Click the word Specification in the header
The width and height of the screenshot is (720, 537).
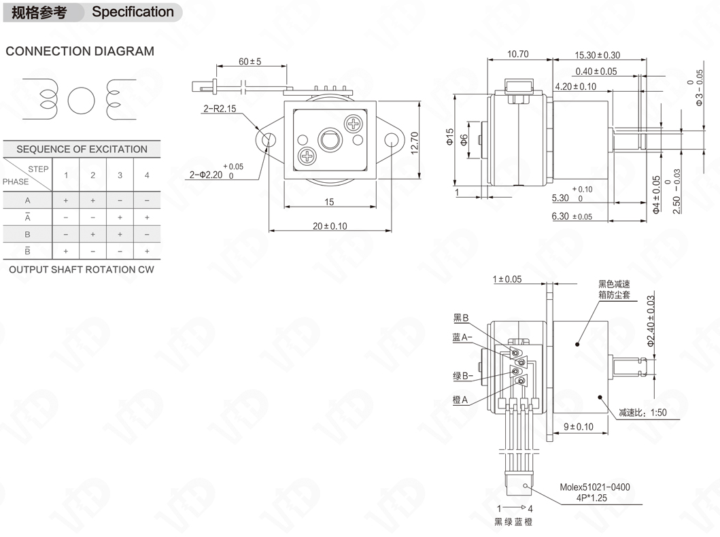tap(133, 12)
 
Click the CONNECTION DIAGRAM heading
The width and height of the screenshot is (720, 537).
tap(80, 51)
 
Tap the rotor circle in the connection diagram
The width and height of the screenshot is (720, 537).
tap(82, 101)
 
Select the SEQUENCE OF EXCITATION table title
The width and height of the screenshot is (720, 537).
tap(82, 149)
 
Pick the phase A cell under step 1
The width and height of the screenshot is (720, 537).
tap(66, 200)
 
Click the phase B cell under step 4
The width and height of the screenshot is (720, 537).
tap(147, 234)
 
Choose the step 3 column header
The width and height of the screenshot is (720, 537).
tap(120, 175)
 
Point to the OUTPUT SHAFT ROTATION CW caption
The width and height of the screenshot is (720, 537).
tap(82, 269)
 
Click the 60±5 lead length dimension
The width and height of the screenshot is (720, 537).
tap(250, 61)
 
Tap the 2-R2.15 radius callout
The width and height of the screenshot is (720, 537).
tap(220, 109)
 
